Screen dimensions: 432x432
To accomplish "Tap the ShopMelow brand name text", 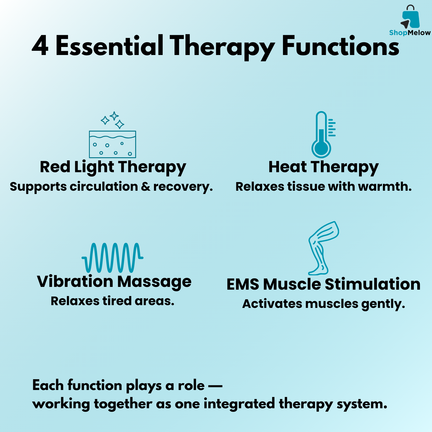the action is click(x=410, y=33).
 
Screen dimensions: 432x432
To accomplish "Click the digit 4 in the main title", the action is click(x=40, y=46).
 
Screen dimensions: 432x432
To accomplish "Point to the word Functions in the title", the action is click(x=341, y=45).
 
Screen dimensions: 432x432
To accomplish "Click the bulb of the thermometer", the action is click(x=321, y=149).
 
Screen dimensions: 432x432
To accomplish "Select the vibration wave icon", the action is click(x=112, y=258).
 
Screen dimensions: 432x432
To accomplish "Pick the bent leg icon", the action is click(x=323, y=248).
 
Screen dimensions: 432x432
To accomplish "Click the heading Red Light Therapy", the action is click(x=113, y=167).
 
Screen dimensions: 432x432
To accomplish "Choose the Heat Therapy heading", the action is click(x=323, y=167).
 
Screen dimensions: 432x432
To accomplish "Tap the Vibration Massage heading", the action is click(x=114, y=282).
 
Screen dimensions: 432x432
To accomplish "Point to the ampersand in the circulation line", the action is click(x=146, y=187).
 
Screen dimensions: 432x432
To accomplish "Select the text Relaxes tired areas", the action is click(x=112, y=301).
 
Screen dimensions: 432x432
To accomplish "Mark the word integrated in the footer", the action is click(x=239, y=404).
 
